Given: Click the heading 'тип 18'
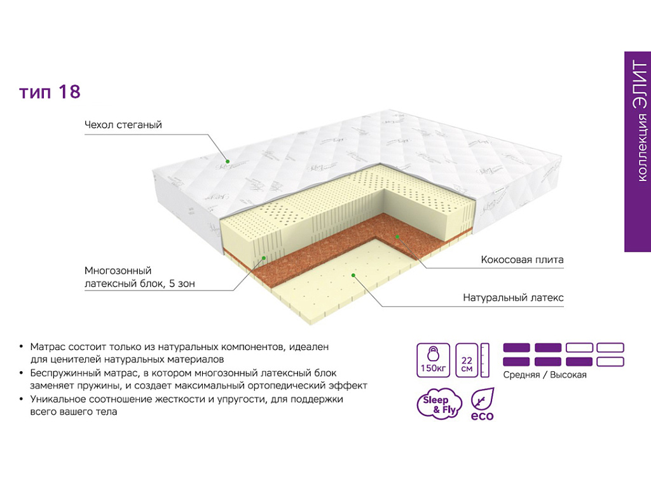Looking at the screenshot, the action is (50, 92).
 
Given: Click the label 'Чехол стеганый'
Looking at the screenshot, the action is (123, 125).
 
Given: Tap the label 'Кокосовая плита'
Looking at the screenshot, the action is (522, 260).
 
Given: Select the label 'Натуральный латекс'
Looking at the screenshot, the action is (513, 297).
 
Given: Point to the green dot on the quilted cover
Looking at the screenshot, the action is (228, 161).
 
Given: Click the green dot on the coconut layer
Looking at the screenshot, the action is (397, 236).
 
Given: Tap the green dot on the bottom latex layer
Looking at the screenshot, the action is (353, 274).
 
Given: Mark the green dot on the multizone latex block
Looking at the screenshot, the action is (264, 258).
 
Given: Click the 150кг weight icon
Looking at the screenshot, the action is (433, 360).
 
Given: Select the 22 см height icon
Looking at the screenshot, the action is (472, 360).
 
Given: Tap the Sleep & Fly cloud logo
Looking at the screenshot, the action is (439, 403).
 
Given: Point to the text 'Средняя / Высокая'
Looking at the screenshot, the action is (545, 375).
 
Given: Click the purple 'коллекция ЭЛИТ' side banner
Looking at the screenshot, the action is (638, 151).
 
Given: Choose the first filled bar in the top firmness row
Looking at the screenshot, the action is (516, 348).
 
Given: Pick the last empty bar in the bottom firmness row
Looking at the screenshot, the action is (610, 362).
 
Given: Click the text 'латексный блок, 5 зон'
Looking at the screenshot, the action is (139, 284).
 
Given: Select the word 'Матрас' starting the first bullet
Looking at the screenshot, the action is (48, 347).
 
